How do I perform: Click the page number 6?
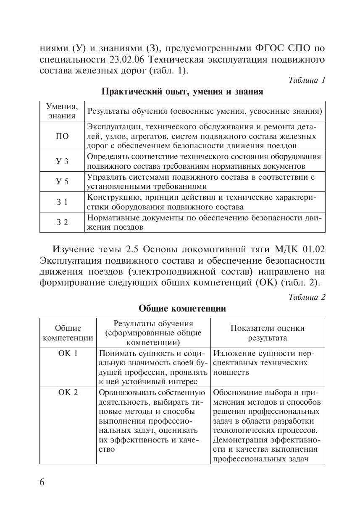pyautogui.click(x=42, y=482)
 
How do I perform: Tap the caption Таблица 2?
pyautogui.click(x=307, y=297)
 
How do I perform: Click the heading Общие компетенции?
pyautogui.click(x=182, y=309)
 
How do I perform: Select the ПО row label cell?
pyautogui.click(x=62, y=136)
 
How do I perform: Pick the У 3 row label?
pyautogui.click(x=62, y=162)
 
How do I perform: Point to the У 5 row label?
pyautogui.click(x=62, y=182)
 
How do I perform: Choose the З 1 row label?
pyautogui.click(x=62, y=202)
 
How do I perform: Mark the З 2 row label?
pyautogui.click(x=62, y=223)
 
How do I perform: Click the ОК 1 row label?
pyautogui.click(x=68, y=353)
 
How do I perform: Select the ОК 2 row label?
pyautogui.click(x=68, y=393)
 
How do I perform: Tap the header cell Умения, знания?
pyautogui.click(x=62, y=111)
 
